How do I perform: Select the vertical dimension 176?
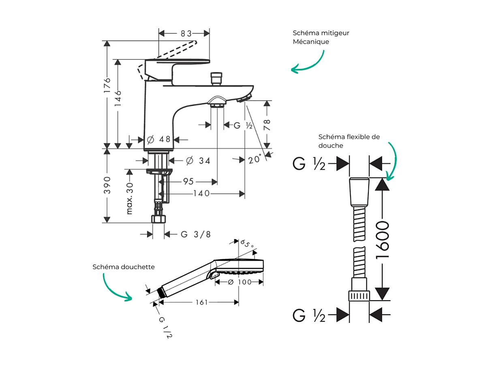(107, 85)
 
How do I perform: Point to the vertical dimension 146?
(118, 98)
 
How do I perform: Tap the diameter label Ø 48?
(158, 139)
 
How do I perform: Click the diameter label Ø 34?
(198, 161)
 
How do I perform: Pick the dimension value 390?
(107, 185)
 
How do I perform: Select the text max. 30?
(130, 198)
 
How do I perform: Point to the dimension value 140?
(201, 194)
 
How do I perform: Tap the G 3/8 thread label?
(196, 234)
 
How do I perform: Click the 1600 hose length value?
(382, 240)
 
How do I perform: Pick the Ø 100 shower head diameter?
(240, 282)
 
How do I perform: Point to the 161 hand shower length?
(201, 302)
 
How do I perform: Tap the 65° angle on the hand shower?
(247, 244)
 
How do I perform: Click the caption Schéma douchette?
(124, 267)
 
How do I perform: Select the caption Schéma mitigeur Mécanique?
(321, 37)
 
